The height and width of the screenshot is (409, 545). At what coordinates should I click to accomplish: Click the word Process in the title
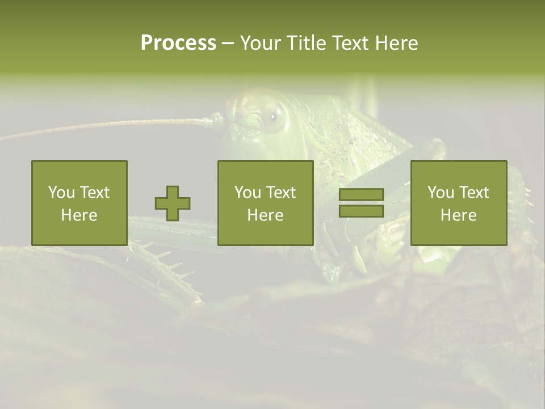(178, 43)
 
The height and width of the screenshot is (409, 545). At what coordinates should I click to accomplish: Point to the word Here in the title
(396, 43)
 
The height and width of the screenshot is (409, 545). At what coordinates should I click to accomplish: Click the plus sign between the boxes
(173, 203)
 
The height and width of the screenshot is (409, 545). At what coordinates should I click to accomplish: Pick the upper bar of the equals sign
(361, 194)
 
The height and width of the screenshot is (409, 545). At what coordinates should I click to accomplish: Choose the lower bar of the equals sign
(361, 211)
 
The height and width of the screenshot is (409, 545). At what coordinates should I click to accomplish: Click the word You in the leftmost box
(61, 193)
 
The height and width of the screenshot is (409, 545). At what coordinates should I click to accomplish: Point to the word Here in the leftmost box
(79, 215)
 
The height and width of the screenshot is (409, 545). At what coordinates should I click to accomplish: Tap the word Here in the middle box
(266, 215)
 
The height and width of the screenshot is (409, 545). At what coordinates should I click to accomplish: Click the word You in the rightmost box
(441, 193)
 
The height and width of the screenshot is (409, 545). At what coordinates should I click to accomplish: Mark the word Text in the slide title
(350, 43)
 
